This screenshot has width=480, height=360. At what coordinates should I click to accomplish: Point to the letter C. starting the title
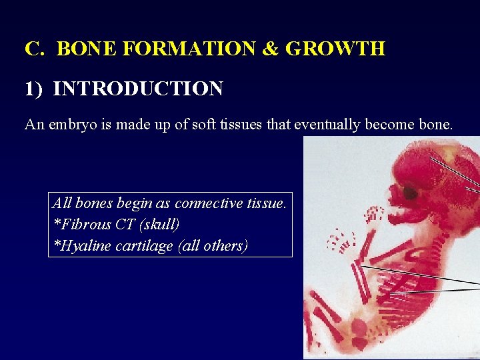coord(34,49)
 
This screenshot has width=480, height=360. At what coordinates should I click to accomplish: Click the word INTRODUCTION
coord(138,89)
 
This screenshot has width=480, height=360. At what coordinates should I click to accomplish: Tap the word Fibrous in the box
coord(85,225)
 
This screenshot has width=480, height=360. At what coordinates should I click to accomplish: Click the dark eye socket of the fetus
coord(410,193)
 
